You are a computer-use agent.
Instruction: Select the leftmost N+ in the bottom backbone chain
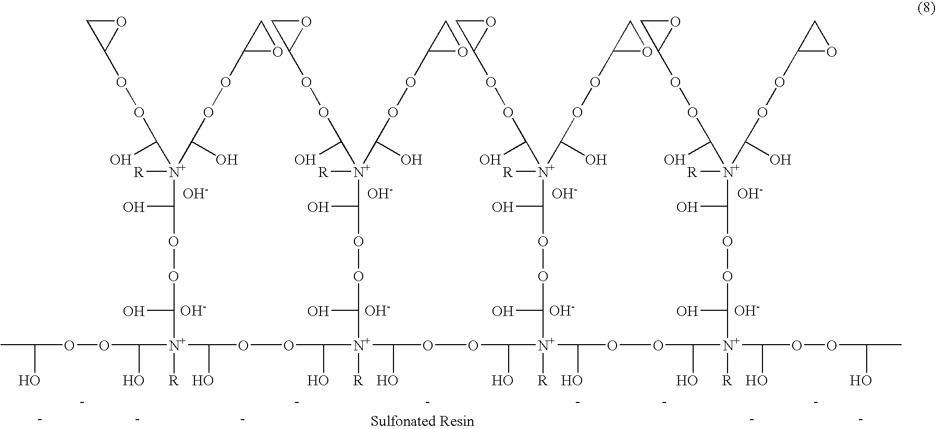175,345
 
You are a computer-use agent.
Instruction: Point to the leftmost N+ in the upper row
175,172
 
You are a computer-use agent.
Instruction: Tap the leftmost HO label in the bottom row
29,381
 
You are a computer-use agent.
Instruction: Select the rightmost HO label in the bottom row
860,381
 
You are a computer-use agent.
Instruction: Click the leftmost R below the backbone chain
174,381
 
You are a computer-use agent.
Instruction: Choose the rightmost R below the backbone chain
727,381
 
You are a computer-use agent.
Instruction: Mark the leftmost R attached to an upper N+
138,172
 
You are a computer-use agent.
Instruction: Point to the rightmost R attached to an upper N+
692,172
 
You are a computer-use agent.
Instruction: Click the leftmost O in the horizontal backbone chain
69,345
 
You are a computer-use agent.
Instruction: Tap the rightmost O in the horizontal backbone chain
832,345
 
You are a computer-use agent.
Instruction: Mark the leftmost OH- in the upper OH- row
195,194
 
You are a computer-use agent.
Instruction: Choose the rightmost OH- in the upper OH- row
749,194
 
